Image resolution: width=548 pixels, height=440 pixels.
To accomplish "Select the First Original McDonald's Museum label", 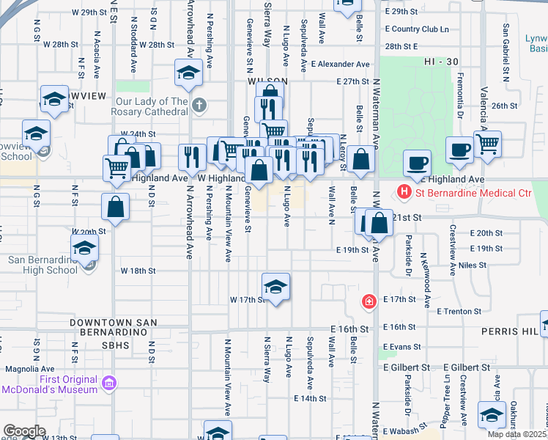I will [x=50, y=384].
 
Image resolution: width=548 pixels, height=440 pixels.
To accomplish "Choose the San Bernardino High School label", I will [x=42, y=265].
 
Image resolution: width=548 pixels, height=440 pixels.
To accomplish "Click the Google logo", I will [x=23, y=431].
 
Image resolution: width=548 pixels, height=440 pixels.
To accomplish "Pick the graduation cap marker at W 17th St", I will [x=275, y=287].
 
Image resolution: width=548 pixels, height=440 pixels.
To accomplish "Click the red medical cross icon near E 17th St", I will [x=370, y=301].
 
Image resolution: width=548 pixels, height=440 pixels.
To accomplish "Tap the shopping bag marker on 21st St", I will [x=380, y=223].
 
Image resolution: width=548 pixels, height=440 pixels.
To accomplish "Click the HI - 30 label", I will [x=439, y=64].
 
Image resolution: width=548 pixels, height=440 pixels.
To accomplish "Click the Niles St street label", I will [x=473, y=265].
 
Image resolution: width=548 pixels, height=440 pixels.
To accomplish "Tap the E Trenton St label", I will [x=459, y=312].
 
